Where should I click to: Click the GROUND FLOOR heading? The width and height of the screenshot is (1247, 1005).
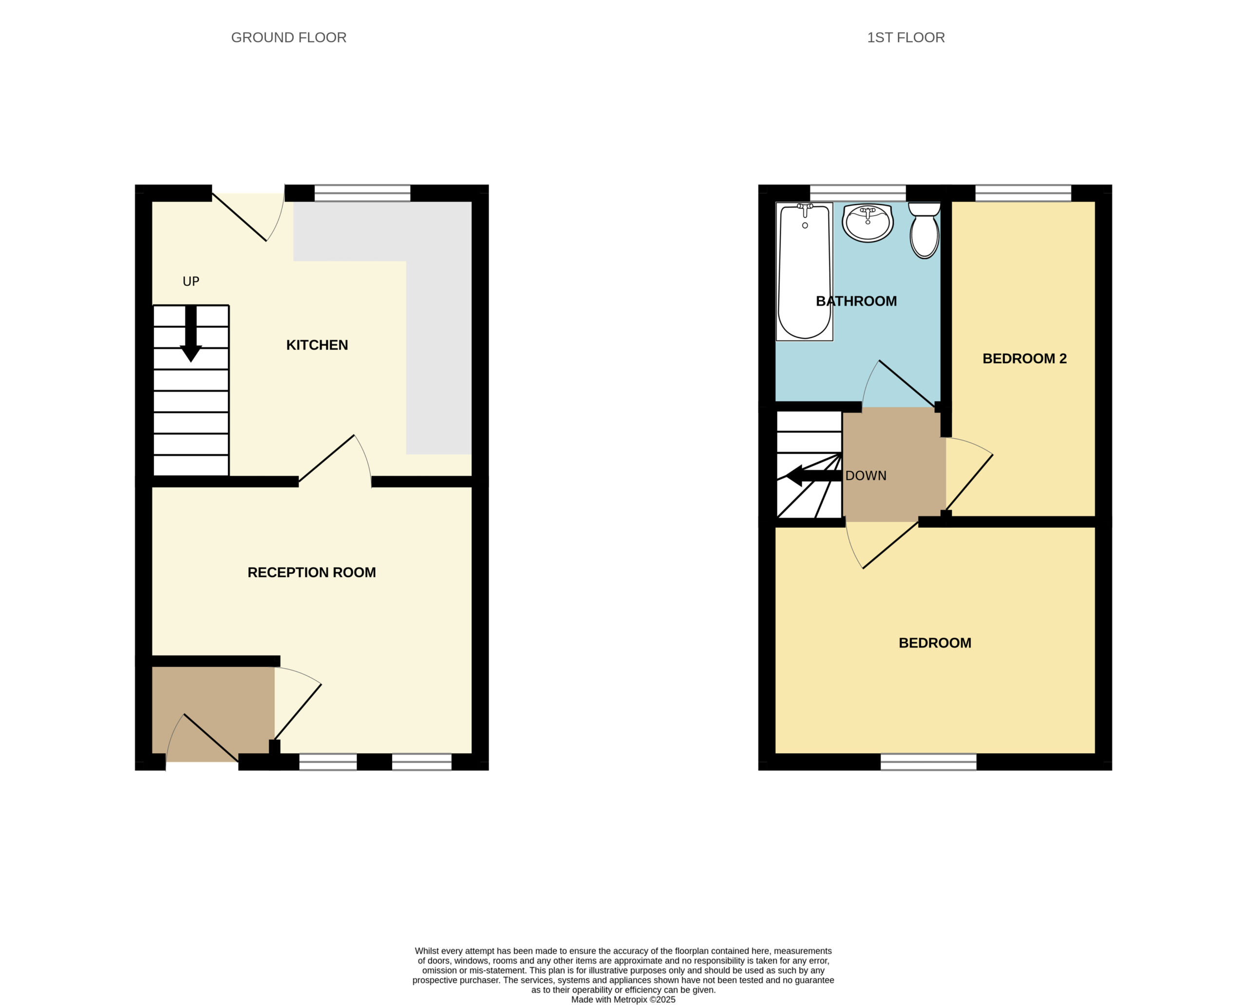[x=288, y=37]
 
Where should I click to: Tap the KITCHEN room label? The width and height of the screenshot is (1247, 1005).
[x=317, y=345]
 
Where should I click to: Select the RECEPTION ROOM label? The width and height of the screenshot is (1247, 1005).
[x=312, y=573]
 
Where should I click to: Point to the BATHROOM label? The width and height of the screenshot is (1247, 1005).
[x=856, y=301]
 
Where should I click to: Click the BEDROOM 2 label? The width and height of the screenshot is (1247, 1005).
[x=1024, y=358]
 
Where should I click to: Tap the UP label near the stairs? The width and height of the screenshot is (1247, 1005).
[x=191, y=281]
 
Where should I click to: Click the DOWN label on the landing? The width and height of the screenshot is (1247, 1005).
[x=866, y=476]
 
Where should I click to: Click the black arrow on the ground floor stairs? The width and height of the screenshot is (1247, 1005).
[x=190, y=334]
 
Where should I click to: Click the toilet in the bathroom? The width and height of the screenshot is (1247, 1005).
[x=925, y=230]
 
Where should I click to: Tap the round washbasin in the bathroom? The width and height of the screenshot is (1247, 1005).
[x=868, y=223]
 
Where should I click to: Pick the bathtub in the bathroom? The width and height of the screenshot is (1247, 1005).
[x=805, y=272]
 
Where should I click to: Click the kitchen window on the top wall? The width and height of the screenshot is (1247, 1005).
[x=362, y=193]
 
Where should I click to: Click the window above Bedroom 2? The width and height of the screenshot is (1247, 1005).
[x=1023, y=193]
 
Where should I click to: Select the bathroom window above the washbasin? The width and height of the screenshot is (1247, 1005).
[x=858, y=193]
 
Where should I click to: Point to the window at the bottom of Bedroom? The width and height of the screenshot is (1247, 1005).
[x=928, y=762]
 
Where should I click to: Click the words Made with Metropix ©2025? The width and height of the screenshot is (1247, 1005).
[x=623, y=1000]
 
